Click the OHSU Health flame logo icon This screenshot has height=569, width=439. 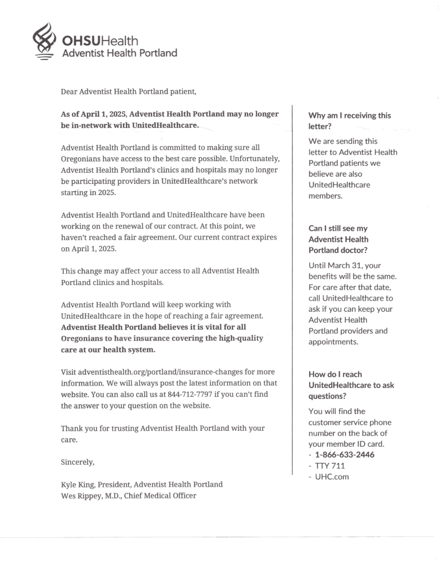click(x=43, y=40)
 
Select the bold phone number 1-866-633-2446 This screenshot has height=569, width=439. click(x=345, y=455)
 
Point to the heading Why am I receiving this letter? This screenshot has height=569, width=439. click(x=350, y=121)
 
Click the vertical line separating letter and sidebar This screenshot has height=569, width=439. click(x=292, y=289)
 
